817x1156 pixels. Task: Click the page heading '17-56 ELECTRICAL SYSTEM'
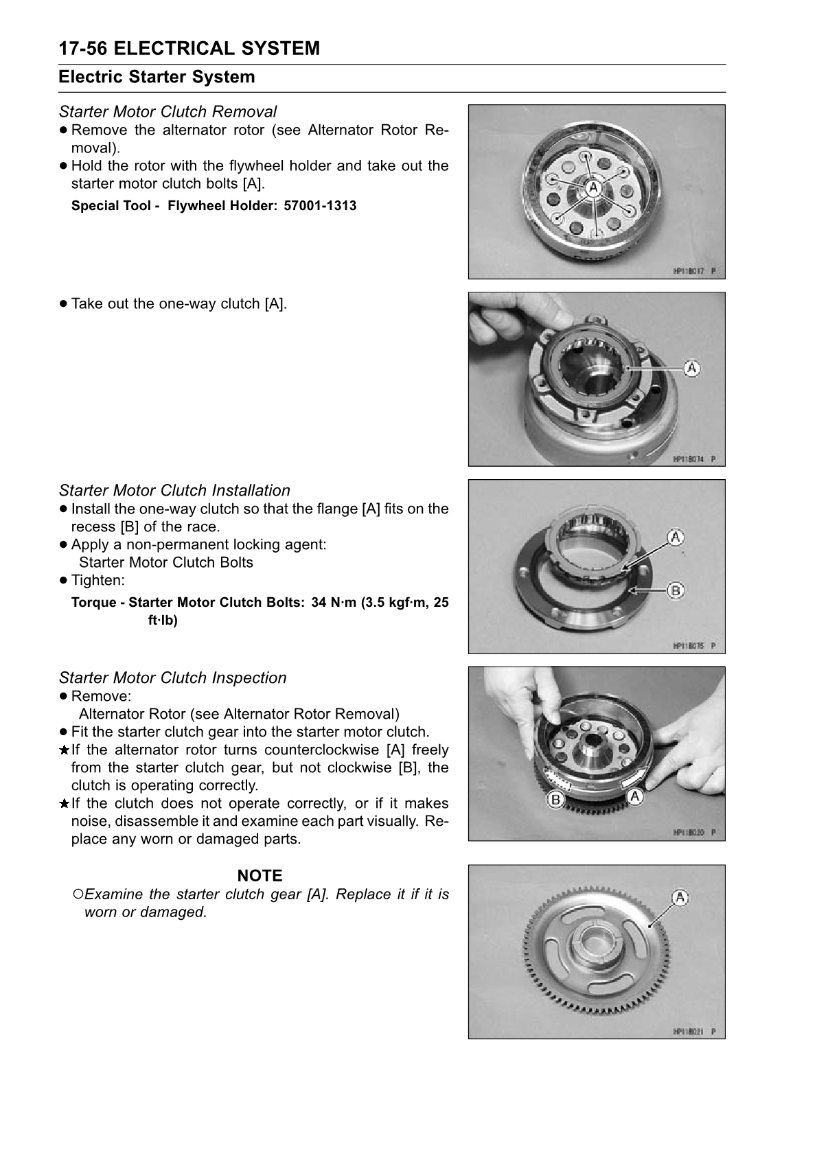click(x=189, y=49)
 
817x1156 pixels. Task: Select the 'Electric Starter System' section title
click(x=157, y=77)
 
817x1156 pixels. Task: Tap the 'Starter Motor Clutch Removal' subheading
click(x=168, y=111)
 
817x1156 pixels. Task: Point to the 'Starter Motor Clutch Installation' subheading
click(x=174, y=490)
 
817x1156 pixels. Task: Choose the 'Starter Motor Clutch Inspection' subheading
click(x=172, y=678)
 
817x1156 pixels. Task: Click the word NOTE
click(x=260, y=875)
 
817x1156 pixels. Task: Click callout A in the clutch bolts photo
click(x=595, y=188)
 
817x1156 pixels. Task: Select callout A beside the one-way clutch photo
click(x=692, y=368)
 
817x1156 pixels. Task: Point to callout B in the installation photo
click(x=676, y=590)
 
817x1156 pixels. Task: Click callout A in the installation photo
click(x=676, y=537)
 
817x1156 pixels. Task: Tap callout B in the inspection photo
click(x=555, y=799)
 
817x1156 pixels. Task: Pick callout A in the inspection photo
click(x=636, y=796)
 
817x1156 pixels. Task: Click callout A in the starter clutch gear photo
click(x=680, y=898)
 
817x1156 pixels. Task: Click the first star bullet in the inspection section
click(x=64, y=750)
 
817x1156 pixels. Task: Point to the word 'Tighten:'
click(x=98, y=580)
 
